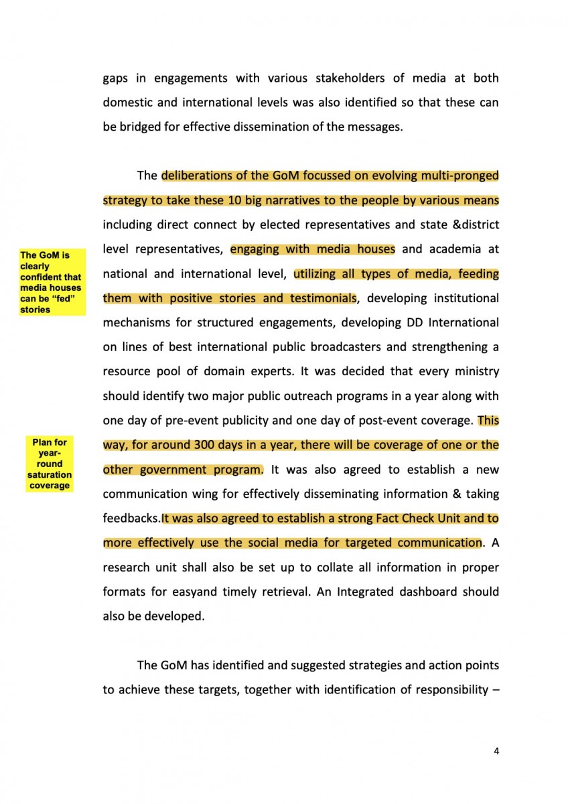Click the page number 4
click(x=496, y=751)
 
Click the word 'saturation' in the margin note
click(x=50, y=474)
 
